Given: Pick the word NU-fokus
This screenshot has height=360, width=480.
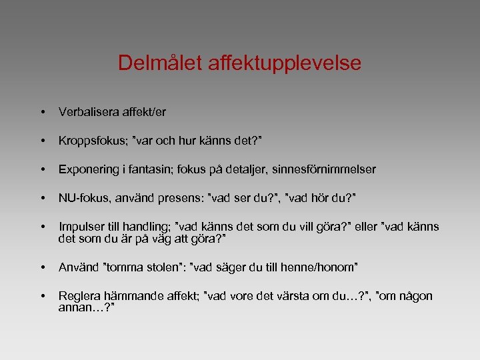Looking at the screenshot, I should (x=81, y=198).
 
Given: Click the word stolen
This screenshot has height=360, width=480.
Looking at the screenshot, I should (x=163, y=267).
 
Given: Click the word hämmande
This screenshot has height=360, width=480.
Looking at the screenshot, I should (x=128, y=296).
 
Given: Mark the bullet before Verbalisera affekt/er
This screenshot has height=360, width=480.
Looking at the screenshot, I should (x=42, y=113).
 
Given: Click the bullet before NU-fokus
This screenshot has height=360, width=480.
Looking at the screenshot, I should (x=42, y=198).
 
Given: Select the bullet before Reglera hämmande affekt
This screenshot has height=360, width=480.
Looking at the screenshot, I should (x=42, y=296).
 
